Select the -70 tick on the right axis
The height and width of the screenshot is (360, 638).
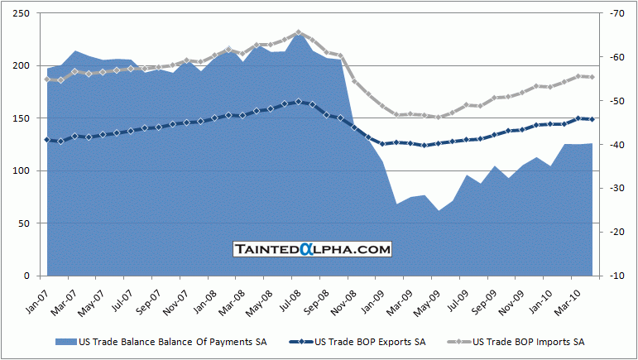coord(616,13)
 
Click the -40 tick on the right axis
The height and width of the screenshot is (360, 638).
coord(616,145)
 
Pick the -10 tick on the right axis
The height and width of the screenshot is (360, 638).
coord(616,276)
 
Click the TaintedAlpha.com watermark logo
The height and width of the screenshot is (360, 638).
coord(312,248)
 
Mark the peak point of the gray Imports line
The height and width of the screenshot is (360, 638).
coord(299,33)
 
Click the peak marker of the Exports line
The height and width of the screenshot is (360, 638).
coord(299,102)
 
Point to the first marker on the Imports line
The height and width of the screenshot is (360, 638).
coord(47,79)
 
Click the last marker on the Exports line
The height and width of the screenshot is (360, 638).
coord(592,119)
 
